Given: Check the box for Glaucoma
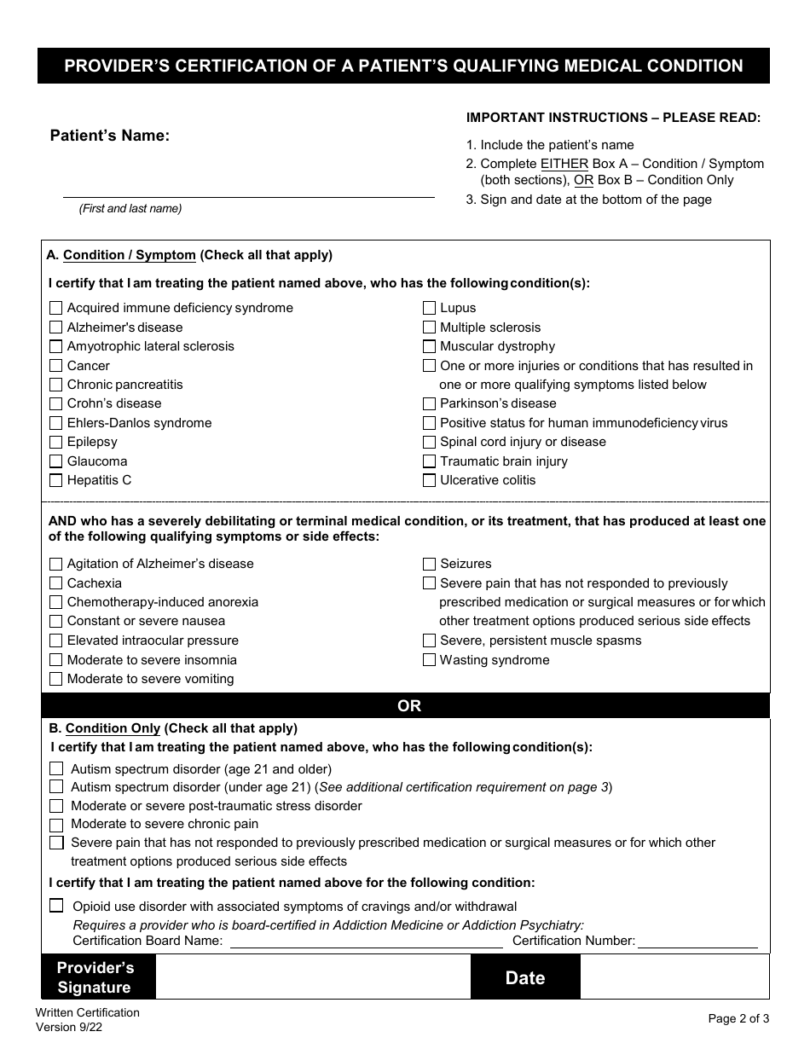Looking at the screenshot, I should click(x=56, y=461).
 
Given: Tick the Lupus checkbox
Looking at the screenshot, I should click(x=430, y=308).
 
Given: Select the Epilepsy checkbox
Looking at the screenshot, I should click(x=56, y=442).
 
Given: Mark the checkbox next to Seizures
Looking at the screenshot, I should click(x=430, y=564).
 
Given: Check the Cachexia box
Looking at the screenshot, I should click(x=56, y=583).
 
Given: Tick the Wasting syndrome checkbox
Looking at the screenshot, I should click(x=430, y=660).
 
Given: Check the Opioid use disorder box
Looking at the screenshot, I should click(x=56, y=906).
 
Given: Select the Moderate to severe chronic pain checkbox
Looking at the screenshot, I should click(x=56, y=825).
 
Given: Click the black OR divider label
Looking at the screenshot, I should click(x=409, y=706).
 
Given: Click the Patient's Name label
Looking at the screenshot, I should click(x=110, y=136).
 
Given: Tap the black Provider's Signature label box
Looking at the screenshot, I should click(x=95, y=977).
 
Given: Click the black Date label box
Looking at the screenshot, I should click(x=525, y=977).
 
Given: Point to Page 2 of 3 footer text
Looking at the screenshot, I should click(x=738, y=1018).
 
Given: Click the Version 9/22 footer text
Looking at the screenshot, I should click(x=70, y=1028).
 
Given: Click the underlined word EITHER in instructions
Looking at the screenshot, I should click(x=564, y=164).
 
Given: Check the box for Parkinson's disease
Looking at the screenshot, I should click(x=430, y=403).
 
